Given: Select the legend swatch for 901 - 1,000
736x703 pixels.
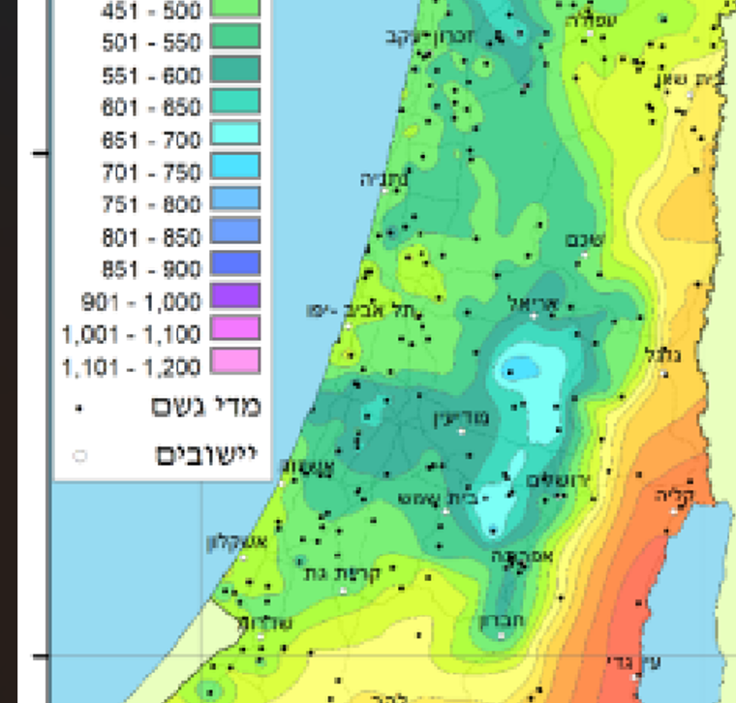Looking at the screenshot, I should [232, 295].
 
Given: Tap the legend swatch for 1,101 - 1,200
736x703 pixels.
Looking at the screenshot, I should [232, 362].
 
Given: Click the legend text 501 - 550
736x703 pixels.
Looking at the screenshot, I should [151, 43].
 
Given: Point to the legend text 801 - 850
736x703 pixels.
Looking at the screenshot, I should [151, 237].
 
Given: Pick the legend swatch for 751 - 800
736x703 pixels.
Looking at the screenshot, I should [232, 199].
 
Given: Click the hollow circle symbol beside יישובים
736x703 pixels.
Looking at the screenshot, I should [80, 455].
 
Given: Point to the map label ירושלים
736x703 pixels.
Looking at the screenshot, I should [559, 480].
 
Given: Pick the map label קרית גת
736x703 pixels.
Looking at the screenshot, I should [344, 573].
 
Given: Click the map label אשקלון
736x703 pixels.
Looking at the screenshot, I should [230, 542].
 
